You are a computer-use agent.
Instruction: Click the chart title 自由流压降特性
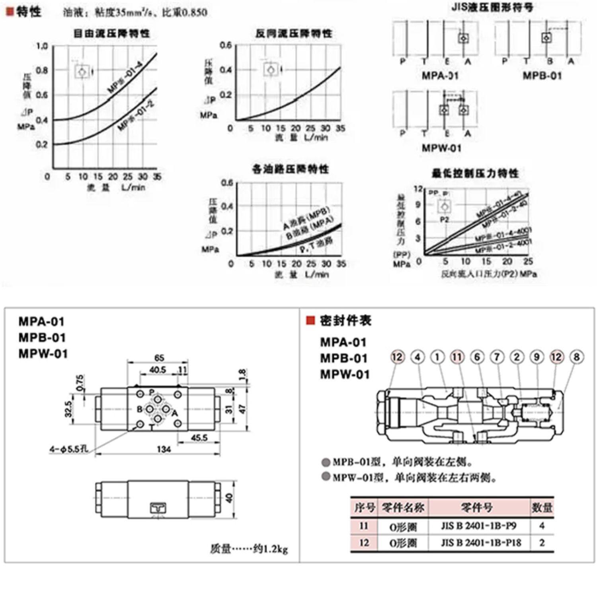111,33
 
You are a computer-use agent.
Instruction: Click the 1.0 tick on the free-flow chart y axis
42,46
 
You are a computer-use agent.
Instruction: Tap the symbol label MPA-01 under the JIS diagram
440,76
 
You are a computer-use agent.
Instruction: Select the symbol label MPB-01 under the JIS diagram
542,76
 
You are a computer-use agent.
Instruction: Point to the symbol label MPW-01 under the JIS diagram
442,148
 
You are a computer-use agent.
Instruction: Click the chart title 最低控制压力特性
476,173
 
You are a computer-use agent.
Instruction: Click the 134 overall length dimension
164,449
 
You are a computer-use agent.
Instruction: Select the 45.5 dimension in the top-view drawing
199,437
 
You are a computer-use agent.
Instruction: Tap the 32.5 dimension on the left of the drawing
68,409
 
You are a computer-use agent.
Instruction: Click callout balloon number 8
576,357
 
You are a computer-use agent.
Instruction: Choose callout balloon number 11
457,357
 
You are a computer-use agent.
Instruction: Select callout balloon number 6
477,357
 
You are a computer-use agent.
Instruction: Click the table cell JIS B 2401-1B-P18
481,542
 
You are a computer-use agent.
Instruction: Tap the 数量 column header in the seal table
542,507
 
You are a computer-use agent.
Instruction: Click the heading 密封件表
345,320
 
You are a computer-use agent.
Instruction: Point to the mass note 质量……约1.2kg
249,549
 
